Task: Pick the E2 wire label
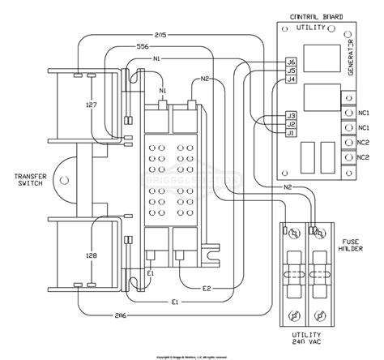click(x=207, y=289)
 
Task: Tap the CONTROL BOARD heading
click(x=311, y=16)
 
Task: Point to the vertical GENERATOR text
click(x=351, y=57)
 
